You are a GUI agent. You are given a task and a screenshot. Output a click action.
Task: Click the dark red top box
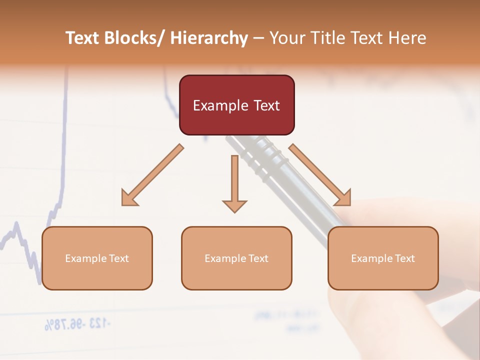236,105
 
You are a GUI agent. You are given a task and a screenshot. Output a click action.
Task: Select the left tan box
97,258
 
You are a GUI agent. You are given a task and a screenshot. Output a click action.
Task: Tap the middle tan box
236,258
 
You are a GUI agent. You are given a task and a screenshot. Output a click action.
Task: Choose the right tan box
383,258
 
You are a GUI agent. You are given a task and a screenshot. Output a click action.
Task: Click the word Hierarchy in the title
209,38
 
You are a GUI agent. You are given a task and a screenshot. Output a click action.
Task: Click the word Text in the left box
118,258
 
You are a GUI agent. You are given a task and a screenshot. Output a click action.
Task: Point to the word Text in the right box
404,258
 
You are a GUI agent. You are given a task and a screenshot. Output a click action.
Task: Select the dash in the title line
258,38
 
